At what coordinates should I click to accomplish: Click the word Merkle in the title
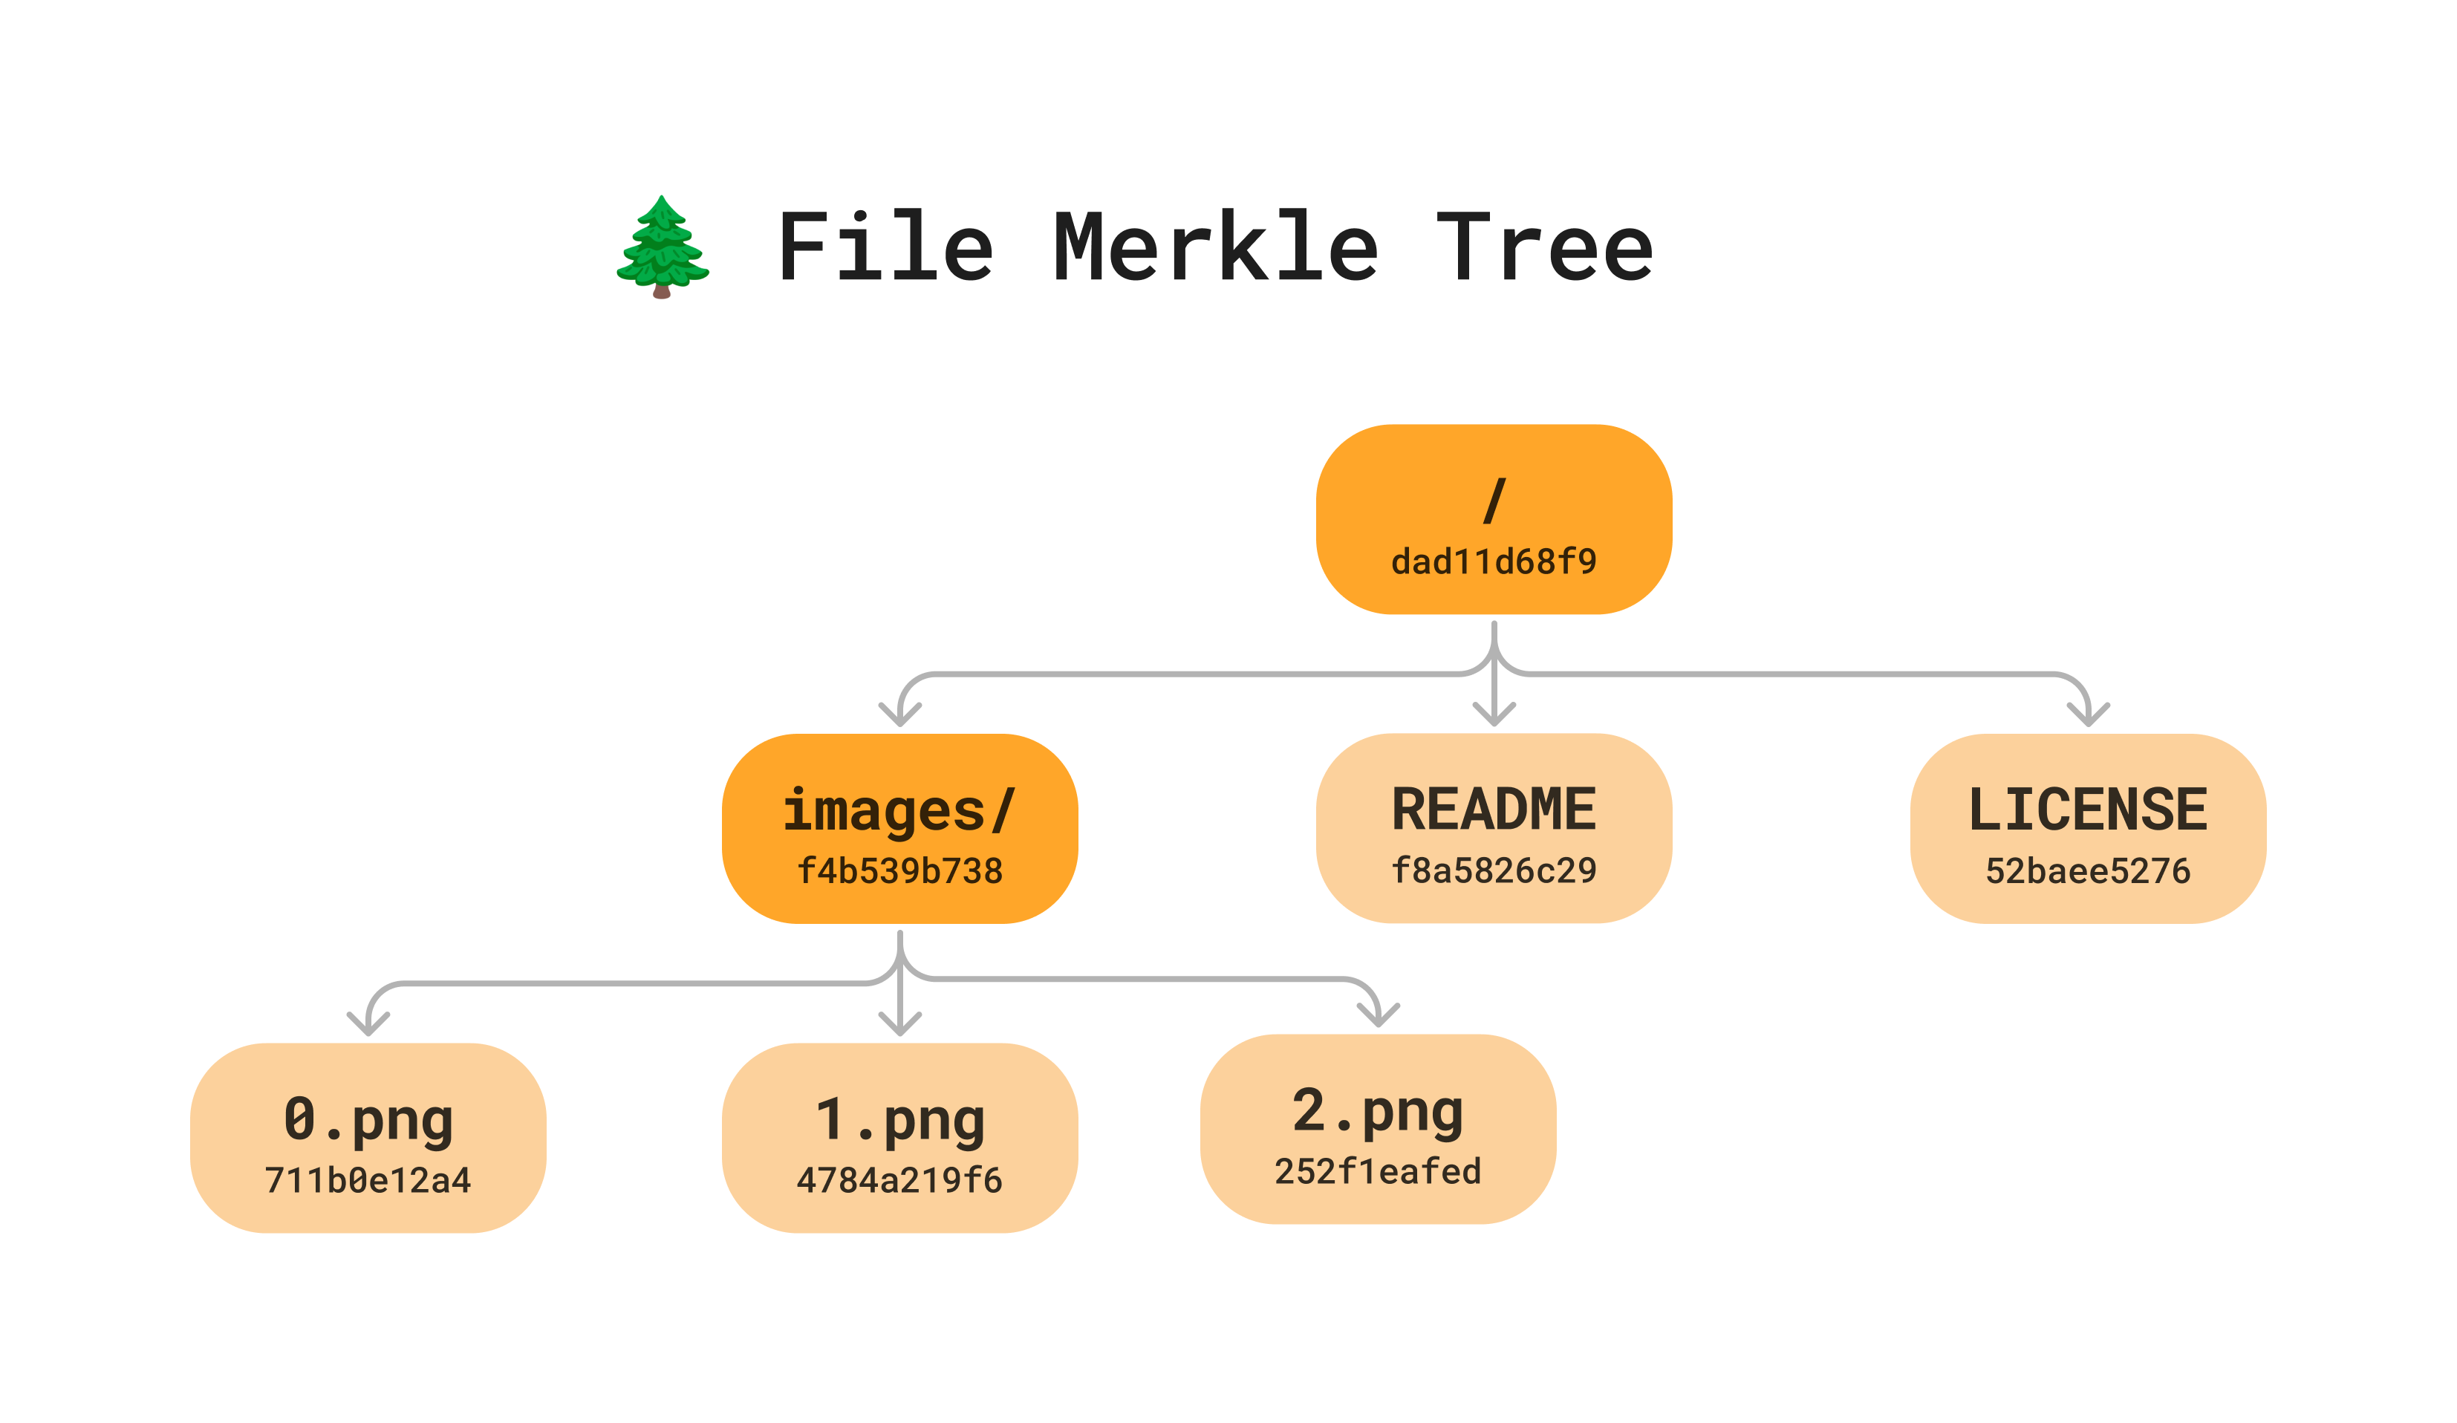point(1216,247)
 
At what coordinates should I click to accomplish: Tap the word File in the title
point(885,247)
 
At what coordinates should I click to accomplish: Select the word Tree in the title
point(1546,247)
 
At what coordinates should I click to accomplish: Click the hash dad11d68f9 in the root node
point(1494,562)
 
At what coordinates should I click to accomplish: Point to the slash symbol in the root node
point(1494,501)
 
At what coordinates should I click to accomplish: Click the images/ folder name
point(899,811)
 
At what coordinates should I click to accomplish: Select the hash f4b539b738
point(899,871)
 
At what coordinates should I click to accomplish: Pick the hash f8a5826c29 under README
point(1494,871)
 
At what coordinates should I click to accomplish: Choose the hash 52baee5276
point(2087,871)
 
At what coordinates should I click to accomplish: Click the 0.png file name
point(368,1120)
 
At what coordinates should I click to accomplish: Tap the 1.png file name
point(899,1120)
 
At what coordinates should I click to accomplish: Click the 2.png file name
point(1378,1111)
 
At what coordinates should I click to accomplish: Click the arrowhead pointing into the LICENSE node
point(2087,717)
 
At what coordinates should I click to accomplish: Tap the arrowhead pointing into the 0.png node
point(368,1026)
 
